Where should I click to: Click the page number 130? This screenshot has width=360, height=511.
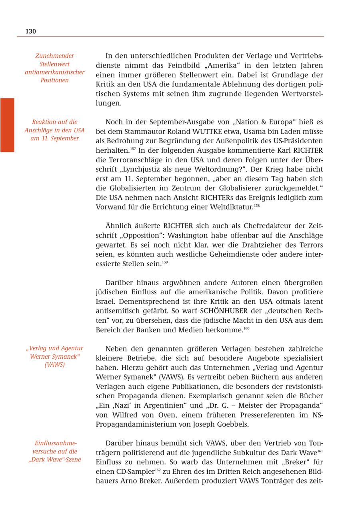[x=30, y=31]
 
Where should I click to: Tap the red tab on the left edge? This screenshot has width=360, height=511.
[x=7, y=125]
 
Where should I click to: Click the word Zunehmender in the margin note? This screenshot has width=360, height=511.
[x=54, y=56]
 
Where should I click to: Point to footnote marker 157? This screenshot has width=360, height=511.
[x=133, y=149]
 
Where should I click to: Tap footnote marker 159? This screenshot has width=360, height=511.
[x=165, y=262]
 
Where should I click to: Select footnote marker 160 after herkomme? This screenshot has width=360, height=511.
[x=246, y=328]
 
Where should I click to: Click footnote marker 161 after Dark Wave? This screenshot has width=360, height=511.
[x=320, y=451]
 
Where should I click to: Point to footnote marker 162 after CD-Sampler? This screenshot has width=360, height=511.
[x=158, y=469]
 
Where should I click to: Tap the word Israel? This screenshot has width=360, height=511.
[x=105, y=301]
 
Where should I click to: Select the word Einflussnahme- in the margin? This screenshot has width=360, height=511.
[x=55, y=443]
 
